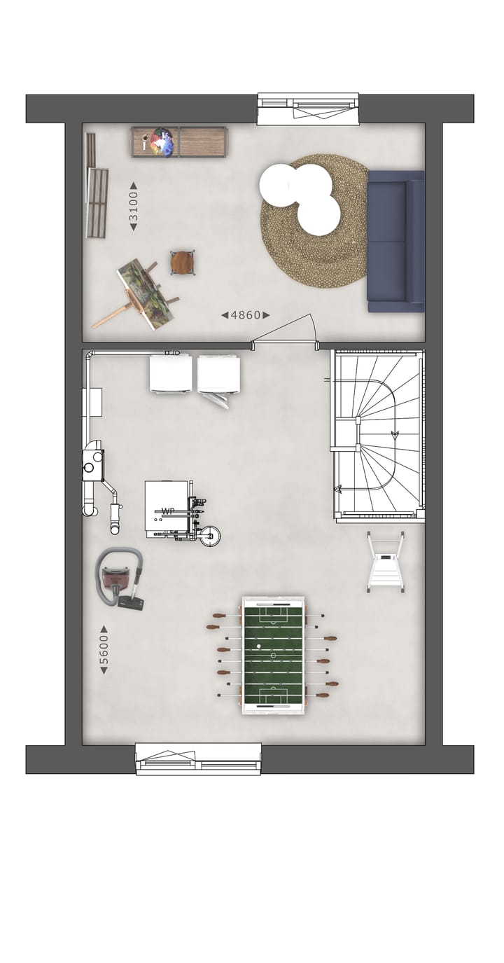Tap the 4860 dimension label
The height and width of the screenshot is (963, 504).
pos(246,315)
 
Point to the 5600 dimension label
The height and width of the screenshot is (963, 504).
pos(104,649)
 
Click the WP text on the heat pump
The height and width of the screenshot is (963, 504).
pos(168,511)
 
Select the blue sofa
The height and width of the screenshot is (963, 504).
pos(395,241)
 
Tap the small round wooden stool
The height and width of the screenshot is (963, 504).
pos(182,263)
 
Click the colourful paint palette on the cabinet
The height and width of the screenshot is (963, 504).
pos(162,142)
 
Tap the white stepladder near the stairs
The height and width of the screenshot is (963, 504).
pos(386,562)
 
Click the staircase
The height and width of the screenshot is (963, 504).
pos(379,434)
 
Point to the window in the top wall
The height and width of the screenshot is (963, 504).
pos(308,108)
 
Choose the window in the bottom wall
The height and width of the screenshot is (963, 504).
pos(198,759)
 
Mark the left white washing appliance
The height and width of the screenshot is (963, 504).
pos(171,374)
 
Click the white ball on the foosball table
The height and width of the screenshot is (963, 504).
pos(259,646)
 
